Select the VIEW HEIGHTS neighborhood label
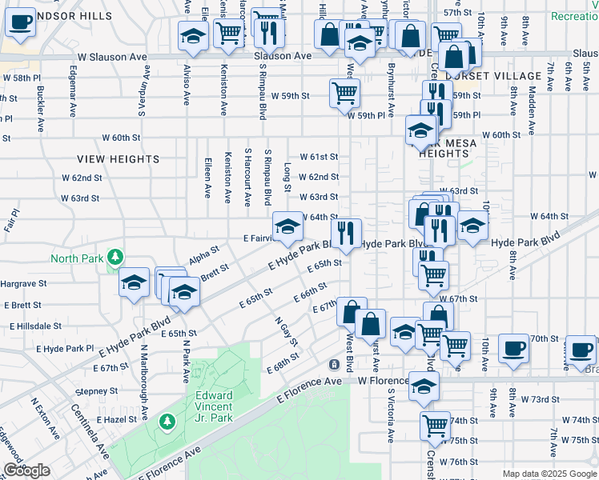tap(119, 159)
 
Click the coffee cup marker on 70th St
tap(513, 350)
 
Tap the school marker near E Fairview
tap(287, 228)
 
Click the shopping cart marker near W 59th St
tap(344, 93)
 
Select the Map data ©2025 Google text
tap(549, 474)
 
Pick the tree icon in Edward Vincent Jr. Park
tap(167, 421)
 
